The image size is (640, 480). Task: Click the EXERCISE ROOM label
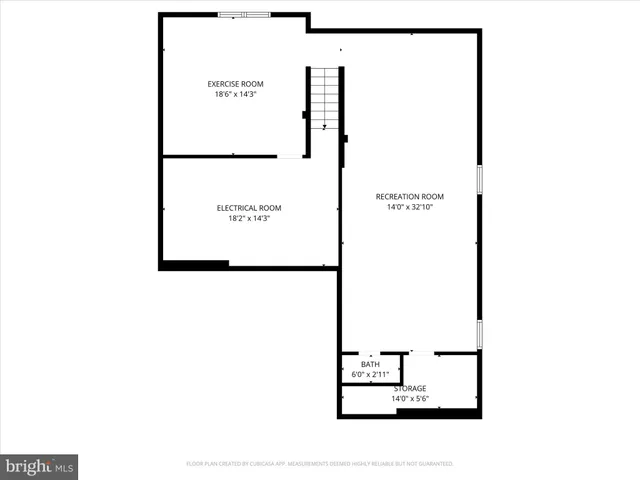tap(235, 83)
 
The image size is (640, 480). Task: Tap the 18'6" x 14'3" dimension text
tap(235, 94)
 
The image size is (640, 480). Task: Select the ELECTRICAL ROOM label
tap(249, 208)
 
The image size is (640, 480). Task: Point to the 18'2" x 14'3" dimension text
tap(249, 218)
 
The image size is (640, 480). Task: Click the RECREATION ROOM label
tap(410, 196)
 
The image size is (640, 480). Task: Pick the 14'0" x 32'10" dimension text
tap(410, 207)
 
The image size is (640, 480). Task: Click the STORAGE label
tap(410, 388)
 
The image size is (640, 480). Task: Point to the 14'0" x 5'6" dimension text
tap(410, 399)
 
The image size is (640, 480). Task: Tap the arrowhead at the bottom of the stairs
tap(324, 126)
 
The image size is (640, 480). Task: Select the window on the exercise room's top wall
tap(244, 14)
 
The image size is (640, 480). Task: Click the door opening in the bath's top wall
tap(370, 353)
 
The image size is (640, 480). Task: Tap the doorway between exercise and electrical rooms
tap(290, 156)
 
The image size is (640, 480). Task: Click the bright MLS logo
tap(39, 466)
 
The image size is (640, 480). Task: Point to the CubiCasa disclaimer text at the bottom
tap(320, 464)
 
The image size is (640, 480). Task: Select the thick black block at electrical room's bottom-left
tap(194, 265)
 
